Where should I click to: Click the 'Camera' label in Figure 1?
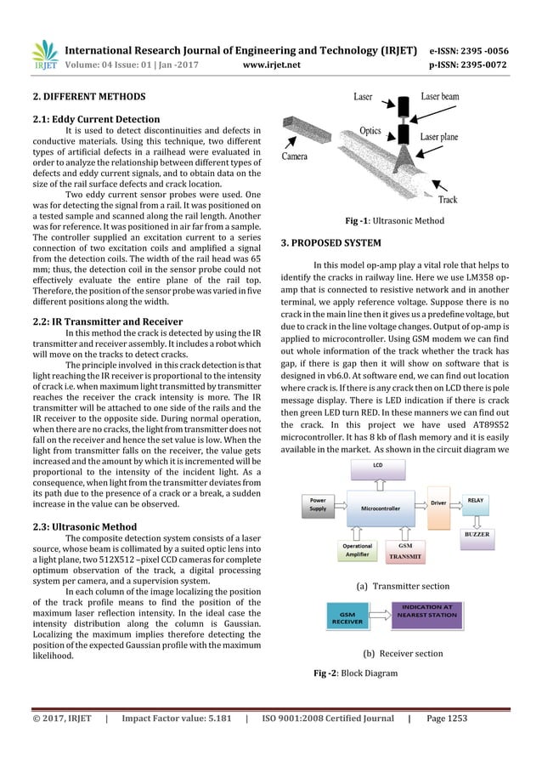coord(295,156)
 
